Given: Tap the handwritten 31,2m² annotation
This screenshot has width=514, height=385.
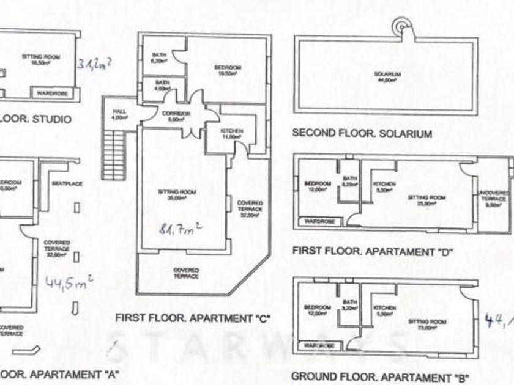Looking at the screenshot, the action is click(97, 64).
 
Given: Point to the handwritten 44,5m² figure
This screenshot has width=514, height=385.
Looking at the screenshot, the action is click(70, 282).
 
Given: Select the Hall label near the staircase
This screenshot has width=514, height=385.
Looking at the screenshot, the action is click(119, 114).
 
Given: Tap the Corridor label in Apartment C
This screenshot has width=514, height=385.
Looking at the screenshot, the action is click(176, 116).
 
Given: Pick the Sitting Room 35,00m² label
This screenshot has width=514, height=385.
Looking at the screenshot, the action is click(176, 195).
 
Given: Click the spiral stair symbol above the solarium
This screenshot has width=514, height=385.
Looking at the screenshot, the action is click(402, 26).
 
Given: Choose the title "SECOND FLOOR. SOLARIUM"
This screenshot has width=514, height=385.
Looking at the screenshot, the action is click(363, 133).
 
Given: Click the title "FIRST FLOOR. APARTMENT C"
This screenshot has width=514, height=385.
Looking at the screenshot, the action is click(193, 318).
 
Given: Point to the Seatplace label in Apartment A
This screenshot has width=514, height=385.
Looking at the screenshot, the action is click(67, 183).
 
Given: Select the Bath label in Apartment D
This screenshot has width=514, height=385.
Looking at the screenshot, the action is click(350, 180).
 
